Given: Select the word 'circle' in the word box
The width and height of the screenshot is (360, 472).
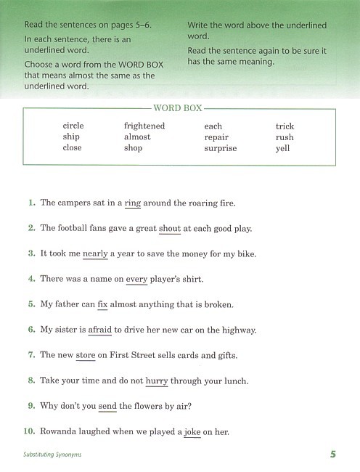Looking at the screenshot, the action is (x=73, y=126).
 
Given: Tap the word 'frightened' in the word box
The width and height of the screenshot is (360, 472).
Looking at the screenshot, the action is (x=144, y=126).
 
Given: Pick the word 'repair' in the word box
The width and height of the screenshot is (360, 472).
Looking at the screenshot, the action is (x=216, y=137).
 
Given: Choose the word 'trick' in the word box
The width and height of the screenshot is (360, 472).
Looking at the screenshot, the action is (x=285, y=126).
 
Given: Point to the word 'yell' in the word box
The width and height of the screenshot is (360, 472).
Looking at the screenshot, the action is (x=282, y=148).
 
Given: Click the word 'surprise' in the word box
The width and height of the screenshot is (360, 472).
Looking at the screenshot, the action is (x=221, y=148).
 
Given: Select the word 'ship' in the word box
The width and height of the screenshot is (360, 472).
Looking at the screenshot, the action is (x=71, y=137).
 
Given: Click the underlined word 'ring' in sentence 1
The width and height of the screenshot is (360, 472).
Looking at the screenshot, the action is (x=132, y=203).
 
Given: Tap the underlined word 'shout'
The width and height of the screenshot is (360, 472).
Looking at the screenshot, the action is (x=170, y=228).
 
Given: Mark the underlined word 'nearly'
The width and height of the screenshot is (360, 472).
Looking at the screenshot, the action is (x=95, y=253).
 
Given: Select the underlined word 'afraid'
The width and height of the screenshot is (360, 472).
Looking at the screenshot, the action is (x=100, y=330).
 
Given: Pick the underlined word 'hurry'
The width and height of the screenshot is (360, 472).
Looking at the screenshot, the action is (x=157, y=381).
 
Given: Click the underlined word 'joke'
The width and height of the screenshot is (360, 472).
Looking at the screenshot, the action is (x=192, y=432).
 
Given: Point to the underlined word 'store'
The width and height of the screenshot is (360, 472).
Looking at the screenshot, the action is (x=86, y=355).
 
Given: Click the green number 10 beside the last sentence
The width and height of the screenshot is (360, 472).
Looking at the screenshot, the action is (x=29, y=432).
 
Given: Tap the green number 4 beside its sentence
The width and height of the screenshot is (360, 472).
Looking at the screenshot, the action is (x=32, y=279).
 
